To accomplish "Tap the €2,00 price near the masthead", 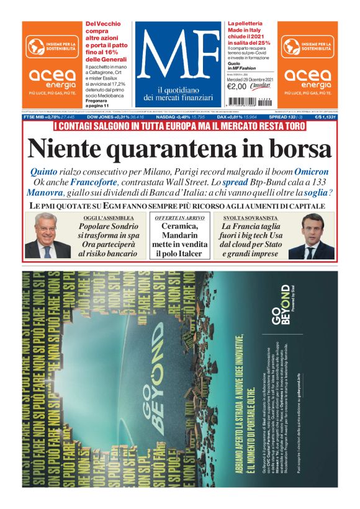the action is pyautogui.click(x=238, y=86).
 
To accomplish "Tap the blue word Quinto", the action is pyautogui.click(x=45, y=171).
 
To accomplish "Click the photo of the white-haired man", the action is pyautogui.click(x=48, y=236).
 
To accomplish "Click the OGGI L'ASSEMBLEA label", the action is pyautogui.click(x=107, y=218).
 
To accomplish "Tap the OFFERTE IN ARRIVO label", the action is pyautogui.click(x=179, y=218).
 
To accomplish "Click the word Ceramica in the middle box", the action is pyautogui.click(x=179, y=227).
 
